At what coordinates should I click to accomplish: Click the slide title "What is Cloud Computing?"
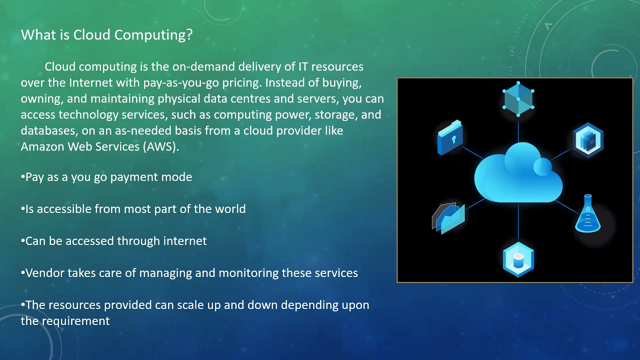[x=106, y=35]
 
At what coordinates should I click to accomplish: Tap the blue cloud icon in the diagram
[x=517, y=174]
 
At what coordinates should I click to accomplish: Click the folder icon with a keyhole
[x=449, y=137]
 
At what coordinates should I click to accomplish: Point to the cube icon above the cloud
[x=518, y=98]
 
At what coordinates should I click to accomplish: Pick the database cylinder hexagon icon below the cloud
[x=518, y=259]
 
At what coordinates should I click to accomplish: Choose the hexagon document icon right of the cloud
[x=588, y=140]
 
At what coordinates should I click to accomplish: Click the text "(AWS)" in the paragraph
[x=162, y=147]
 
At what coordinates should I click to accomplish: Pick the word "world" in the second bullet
[x=230, y=209]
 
